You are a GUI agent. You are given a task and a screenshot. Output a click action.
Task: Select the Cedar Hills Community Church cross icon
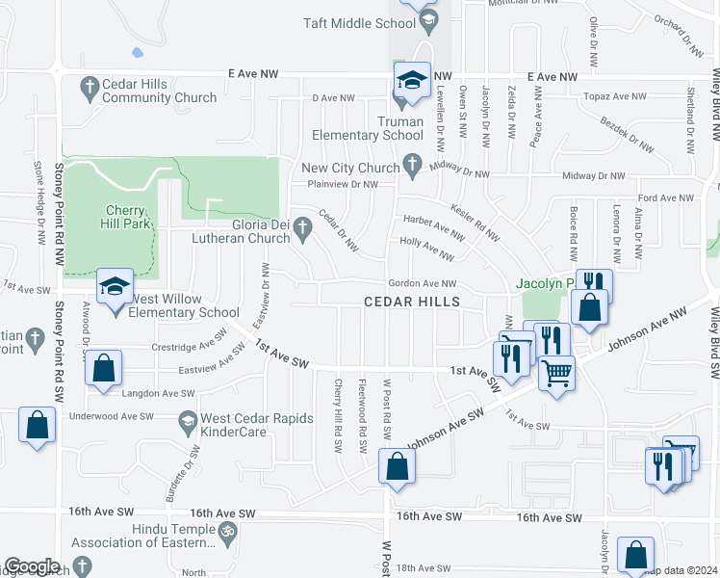(90, 85)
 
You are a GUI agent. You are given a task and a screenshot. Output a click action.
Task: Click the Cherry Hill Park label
(126, 217)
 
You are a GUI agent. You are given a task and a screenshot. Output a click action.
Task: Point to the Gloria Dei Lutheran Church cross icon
(303, 228)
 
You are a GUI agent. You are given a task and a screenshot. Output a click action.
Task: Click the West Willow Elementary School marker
(115, 287)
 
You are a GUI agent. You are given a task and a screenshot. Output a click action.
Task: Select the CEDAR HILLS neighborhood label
(411, 302)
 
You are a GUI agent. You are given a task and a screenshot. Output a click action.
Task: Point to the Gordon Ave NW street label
(422, 284)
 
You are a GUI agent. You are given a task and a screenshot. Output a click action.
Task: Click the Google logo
(32, 565)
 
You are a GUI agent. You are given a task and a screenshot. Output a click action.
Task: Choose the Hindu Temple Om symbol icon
(228, 530)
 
